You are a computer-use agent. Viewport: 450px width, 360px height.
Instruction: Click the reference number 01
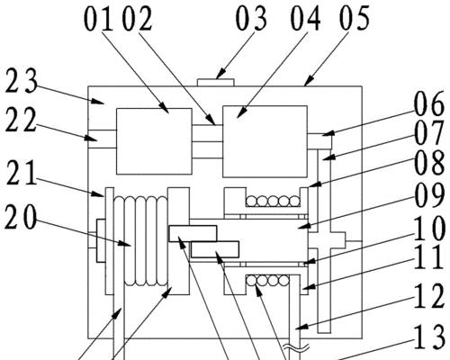tap(98, 20)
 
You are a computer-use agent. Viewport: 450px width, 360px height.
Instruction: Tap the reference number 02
tap(138, 20)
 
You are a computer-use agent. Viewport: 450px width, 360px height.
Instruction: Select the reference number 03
tap(251, 19)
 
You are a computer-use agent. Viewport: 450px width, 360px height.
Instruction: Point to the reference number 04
tap(305, 19)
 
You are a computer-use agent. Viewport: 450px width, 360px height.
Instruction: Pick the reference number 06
tap(429, 104)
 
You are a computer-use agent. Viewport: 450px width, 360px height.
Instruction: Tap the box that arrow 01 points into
tap(154, 141)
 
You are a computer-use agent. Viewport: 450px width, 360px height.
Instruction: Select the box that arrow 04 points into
tap(265, 141)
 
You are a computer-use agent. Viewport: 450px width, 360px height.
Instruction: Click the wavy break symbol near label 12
tap(298, 348)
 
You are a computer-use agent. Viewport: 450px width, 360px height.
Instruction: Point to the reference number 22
tap(21, 120)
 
